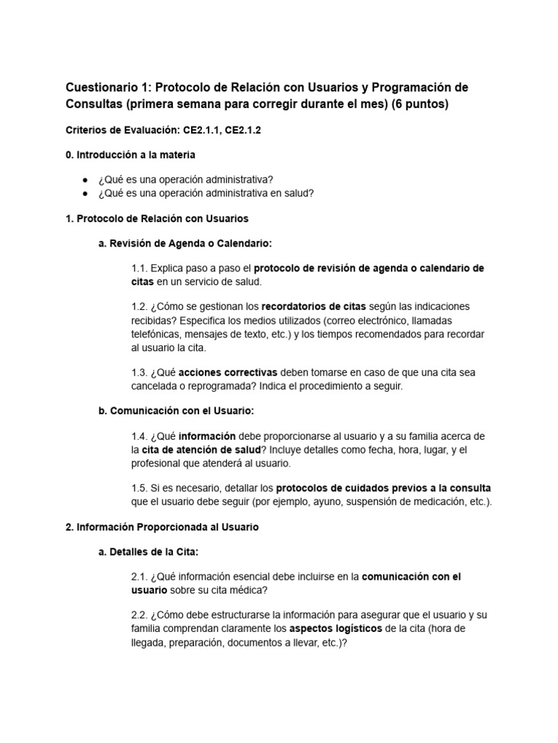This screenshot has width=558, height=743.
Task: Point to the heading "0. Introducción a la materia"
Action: (130, 155)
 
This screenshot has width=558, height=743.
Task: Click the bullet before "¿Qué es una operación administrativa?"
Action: (85, 179)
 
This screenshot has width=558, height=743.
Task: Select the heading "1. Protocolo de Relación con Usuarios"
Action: (157, 218)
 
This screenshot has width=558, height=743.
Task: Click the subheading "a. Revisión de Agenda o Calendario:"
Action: (185, 243)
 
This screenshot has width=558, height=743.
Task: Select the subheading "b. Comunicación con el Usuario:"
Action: (176, 411)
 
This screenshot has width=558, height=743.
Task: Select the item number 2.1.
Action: (139, 578)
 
